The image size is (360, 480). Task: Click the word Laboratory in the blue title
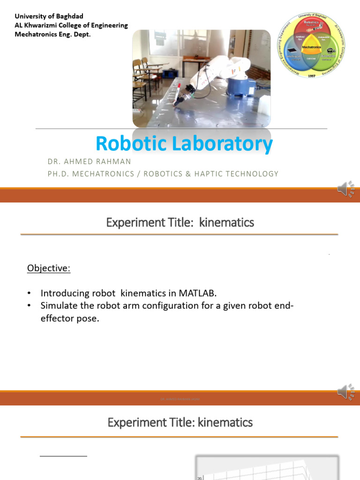tap(222, 143)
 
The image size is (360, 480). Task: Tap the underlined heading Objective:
tap(49, 268)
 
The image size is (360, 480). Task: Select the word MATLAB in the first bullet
tap(197, 293)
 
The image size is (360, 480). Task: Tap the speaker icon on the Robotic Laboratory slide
tap(345, 189)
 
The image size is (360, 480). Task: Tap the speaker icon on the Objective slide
tap(345, 392)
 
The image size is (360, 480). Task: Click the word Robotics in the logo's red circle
tap(311, 22)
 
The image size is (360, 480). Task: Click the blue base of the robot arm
tap(242, 89)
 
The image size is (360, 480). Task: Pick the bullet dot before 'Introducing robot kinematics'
tap(30, 294)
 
